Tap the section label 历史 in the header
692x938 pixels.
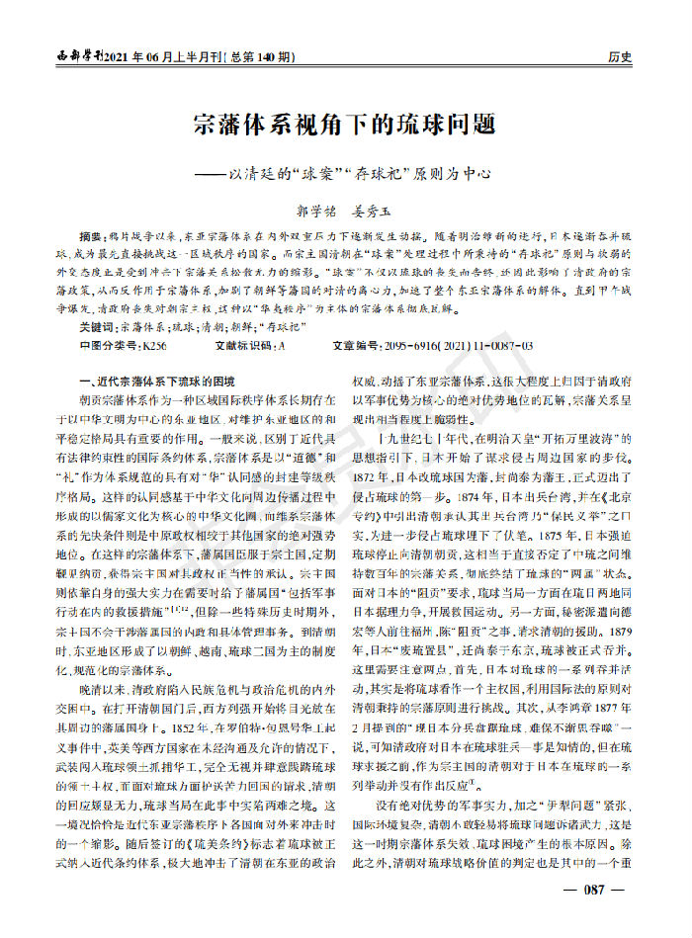pyautogui.click(x=620, y=57)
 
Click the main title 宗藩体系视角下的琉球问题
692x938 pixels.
pyautogui.click(x=344, y=127)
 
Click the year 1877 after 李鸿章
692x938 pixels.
pyautogui.click(x=613, y=713)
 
